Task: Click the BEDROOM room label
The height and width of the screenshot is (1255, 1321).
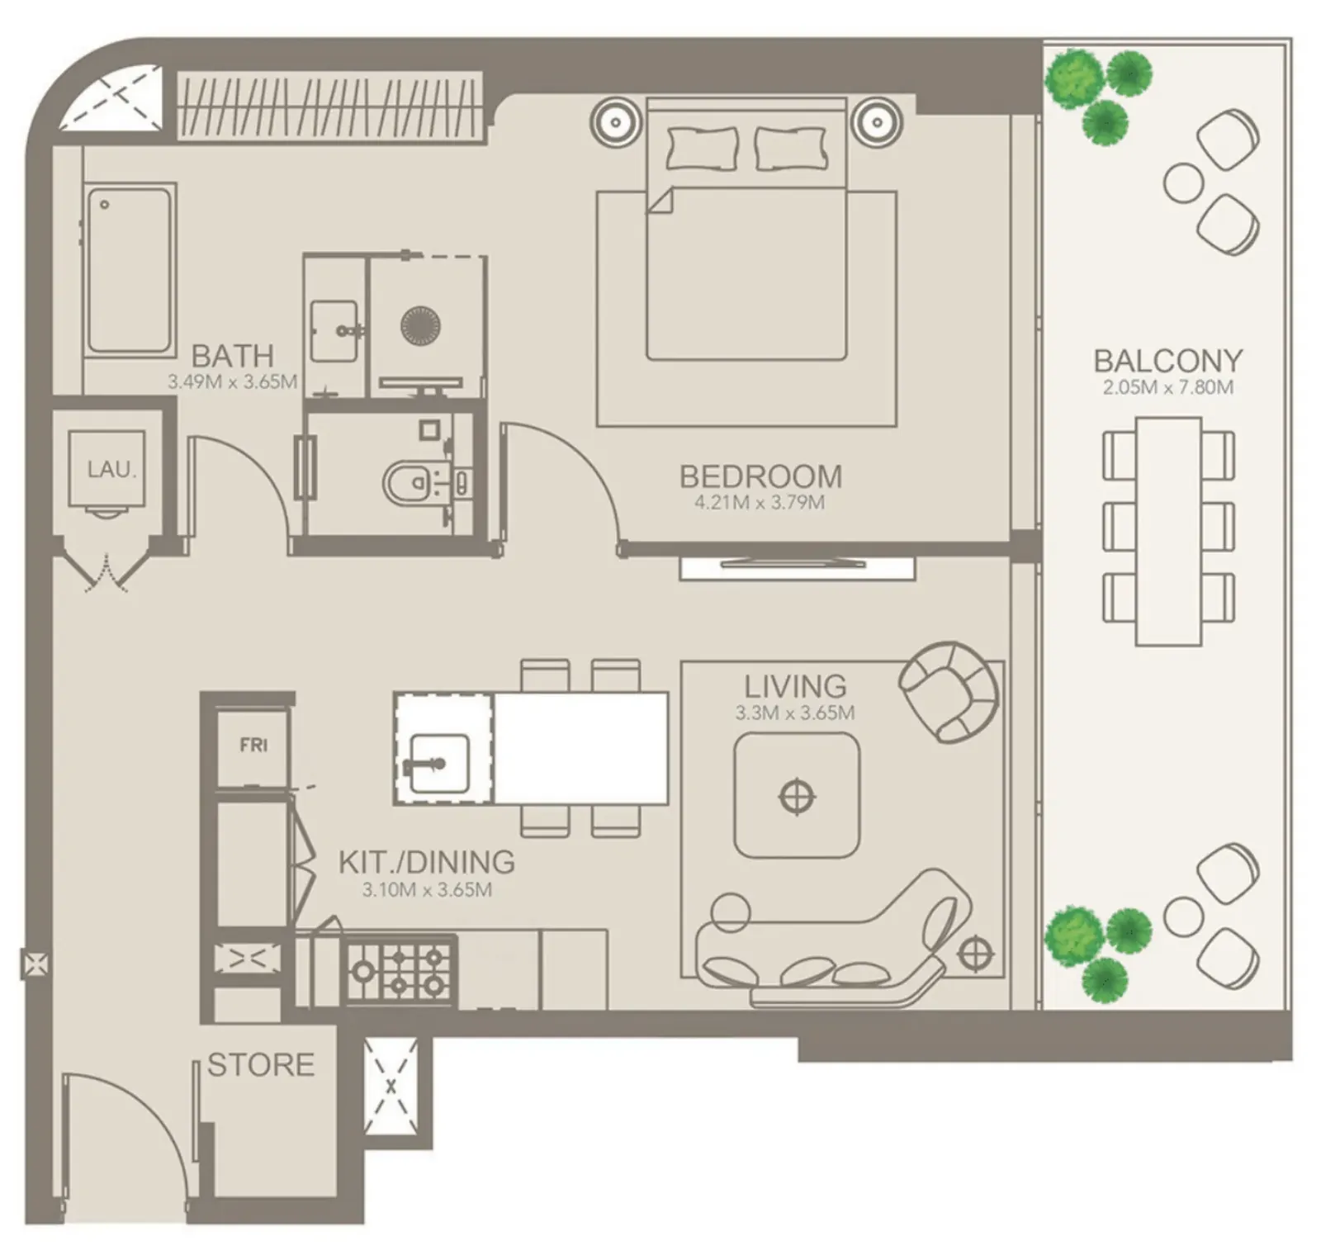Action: (760, 476)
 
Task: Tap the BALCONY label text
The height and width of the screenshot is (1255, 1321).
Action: (1167, 361)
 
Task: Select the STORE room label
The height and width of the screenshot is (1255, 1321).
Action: (261, 1064)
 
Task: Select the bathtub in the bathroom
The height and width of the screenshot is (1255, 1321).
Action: (130, 270)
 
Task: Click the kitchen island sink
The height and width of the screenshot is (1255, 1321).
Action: (438, 764)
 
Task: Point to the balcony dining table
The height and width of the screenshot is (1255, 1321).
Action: (1168, 531)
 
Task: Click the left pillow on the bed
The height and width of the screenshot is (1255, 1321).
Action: (702, 149)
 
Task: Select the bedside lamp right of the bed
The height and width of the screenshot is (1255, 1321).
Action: (878, 123)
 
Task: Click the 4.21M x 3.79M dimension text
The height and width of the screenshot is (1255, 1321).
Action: (759, 503)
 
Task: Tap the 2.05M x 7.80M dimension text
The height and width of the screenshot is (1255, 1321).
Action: (1167, 387)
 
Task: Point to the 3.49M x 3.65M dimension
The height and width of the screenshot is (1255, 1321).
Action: (232, 382)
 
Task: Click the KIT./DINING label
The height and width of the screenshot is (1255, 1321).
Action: (426, 862)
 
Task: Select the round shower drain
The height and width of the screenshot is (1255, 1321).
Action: (420, 325)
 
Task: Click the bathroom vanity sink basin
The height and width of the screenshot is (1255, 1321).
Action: (335, 331)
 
